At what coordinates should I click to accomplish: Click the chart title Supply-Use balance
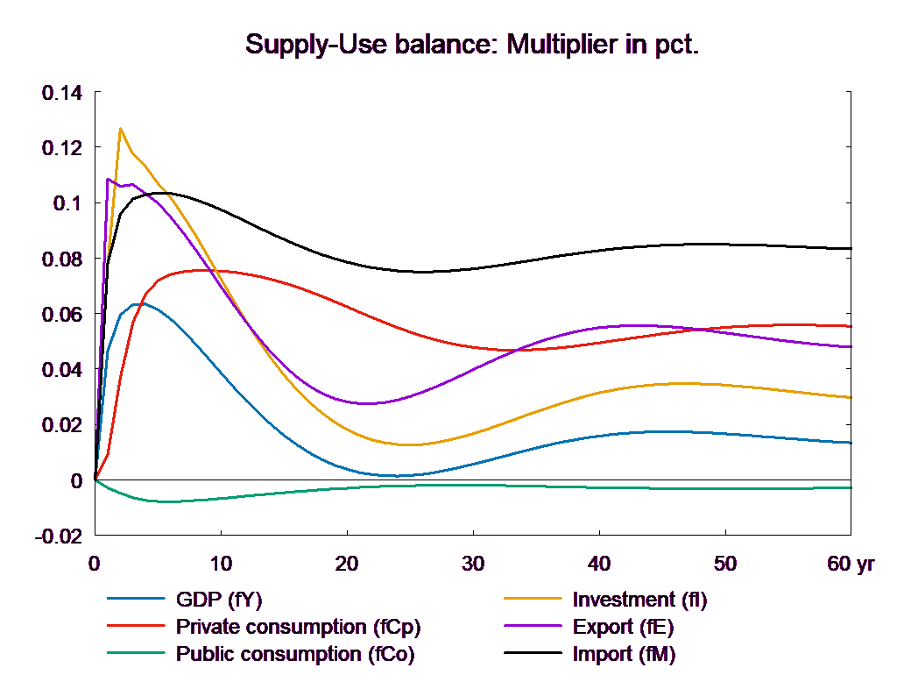(472, 45)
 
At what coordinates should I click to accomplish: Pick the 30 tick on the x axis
(473, 564)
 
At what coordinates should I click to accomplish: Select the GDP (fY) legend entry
(219, 600)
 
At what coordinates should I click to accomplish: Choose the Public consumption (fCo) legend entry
(295, 653)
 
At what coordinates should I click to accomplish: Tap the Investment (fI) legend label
(639, 600)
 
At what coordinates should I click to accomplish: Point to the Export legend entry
(624, 627)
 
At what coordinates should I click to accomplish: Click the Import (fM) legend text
(625, 653)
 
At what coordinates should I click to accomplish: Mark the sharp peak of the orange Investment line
(120, 129)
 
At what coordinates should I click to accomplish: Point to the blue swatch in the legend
(137, 600)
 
